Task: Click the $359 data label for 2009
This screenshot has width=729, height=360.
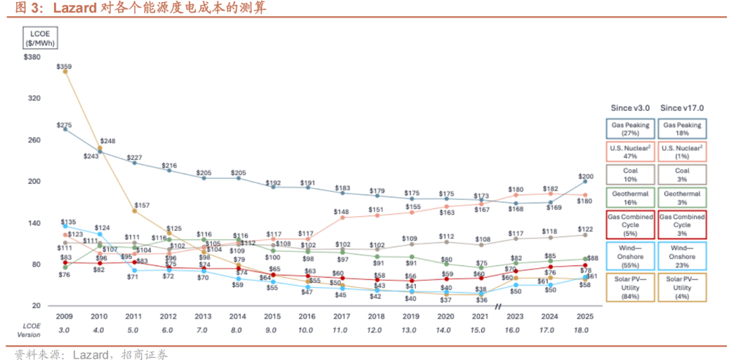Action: [65, 66]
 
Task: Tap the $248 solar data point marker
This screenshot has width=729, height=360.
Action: [100, 148]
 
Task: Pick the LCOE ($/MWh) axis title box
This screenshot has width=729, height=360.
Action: [40, 37]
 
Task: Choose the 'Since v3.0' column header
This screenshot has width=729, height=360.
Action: [630, 108]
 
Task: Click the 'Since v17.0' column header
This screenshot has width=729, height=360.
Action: [682, 108]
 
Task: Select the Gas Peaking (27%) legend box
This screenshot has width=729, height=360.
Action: [630, 129]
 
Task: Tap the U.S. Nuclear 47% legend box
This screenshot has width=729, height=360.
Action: [630, 151]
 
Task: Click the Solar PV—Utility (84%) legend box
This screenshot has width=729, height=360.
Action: [630, 288]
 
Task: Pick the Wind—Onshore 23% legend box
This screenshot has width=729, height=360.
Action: [682, 256]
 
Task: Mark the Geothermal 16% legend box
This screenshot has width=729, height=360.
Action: [630, 197]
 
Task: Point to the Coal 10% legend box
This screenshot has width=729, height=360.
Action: [630, 174]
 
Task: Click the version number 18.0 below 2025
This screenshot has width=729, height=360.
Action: [581, 330]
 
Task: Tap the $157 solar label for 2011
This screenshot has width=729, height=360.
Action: [142, 204]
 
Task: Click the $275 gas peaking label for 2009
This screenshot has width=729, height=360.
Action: [65, 125]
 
